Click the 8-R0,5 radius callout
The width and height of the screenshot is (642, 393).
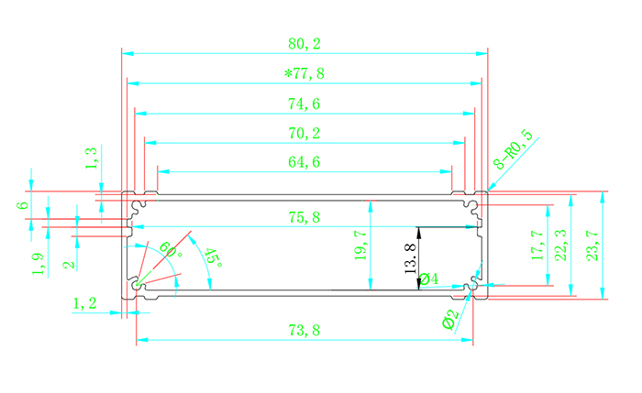coord(514,151)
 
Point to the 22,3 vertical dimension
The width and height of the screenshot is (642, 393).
coord(560,246)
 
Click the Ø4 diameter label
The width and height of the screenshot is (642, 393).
coord(428,278)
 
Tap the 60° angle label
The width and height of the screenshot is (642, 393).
coord(170,249)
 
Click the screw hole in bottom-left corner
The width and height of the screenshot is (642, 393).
coord(138,286)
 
